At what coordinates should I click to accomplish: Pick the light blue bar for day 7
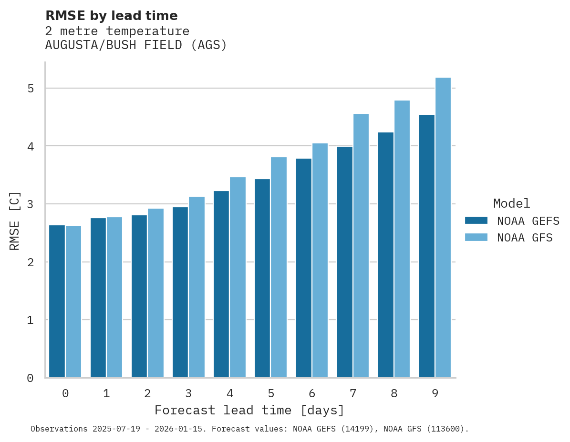[361, 246]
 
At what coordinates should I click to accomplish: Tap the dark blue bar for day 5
[262, 278]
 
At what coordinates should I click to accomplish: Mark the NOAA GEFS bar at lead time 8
[385, 255]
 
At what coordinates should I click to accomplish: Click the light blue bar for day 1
[114, 297]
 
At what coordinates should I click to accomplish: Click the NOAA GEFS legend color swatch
[476, 221]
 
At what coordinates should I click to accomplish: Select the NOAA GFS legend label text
[525, 238]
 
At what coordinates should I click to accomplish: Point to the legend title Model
[511, 203]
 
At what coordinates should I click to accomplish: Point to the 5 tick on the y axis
[30, 89]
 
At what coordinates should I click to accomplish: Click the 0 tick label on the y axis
[30, 378]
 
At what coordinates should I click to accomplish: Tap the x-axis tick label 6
[312, 394]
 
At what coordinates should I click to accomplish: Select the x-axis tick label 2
[147, 394]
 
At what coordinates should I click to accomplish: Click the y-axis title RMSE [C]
[15, 221]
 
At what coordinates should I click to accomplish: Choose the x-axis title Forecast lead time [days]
[249, 410]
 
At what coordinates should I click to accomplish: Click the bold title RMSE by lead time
[111, 16]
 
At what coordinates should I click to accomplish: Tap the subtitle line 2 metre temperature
[117, 31]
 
